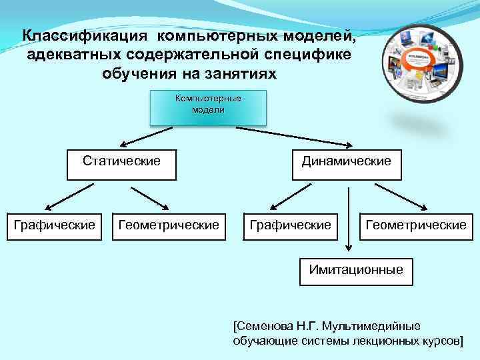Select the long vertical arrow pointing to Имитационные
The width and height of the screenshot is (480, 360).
point(347,220)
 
